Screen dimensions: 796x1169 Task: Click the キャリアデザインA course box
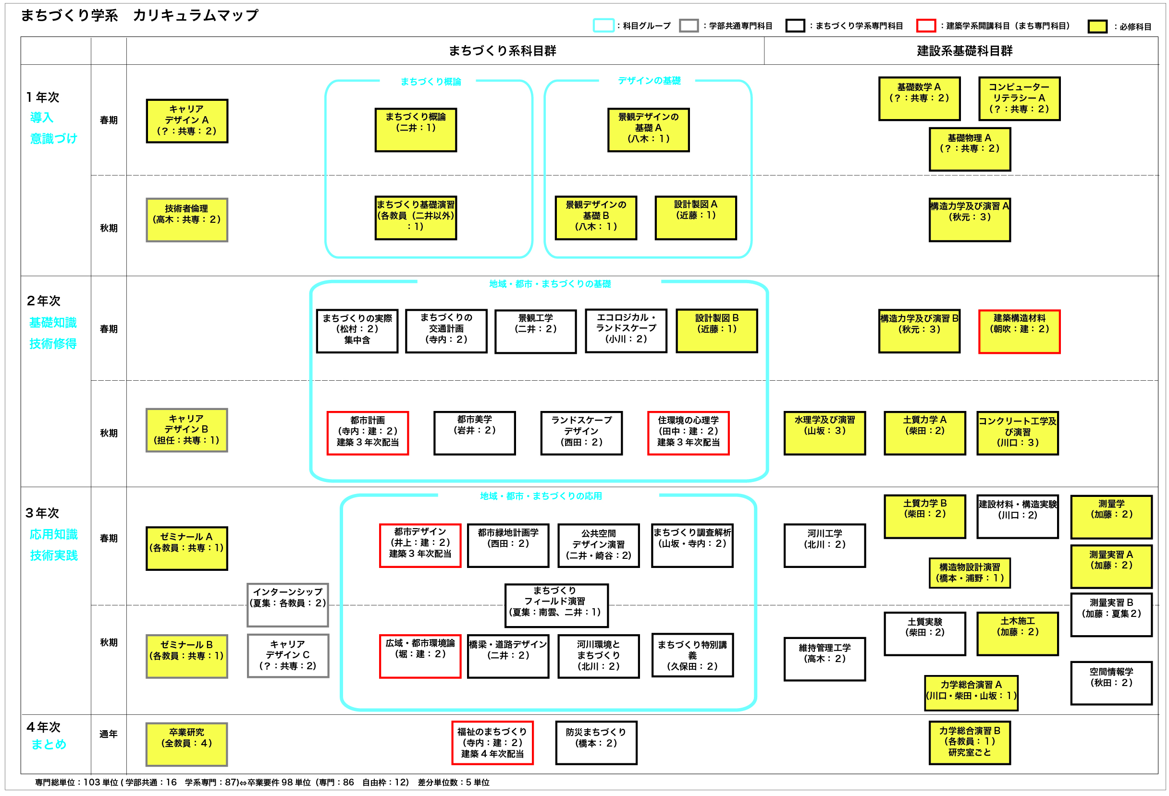pyautogui.click(x=186, y=121)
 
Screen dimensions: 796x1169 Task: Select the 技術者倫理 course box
pyautogui.click(x=186, y=219)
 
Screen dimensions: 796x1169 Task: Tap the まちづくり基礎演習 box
pyautogui.click(x=416, y=217)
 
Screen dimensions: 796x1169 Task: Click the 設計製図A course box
pyautogui.click(x=696, y=217)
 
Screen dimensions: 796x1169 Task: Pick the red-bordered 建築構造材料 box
pyautogui.click(x=1019, y=332)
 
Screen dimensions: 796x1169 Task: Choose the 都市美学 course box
pyautogui.click(x=474, y=433)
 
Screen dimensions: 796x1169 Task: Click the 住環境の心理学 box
pyautogui.click(x=688, y=433)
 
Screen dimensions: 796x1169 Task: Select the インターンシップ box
pyautogui.click(x=288, y=604)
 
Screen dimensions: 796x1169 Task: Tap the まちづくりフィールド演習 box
pyautogui.click(x=556, y=605)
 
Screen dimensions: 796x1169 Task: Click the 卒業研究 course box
pyautogui.click(x=186, y=744)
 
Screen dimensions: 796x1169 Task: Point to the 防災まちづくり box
pyautogui.click(x=596, y=743)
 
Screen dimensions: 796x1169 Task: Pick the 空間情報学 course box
pyautogui.click(x=1111, y=682)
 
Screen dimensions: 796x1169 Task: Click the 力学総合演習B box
pyautogui.click(x=969, y=743)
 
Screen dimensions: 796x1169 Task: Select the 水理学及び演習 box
pyautogui.click(x=824, y=433)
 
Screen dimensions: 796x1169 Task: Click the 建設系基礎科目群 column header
pyautogui.click(x=964, y=51)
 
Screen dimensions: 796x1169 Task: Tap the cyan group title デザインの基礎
pyautogui.click(x=649, y=80)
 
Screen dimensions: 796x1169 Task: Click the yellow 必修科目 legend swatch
pyautogui.click(x=1097, y=26)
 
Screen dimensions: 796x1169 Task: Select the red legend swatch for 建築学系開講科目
pyautogui.click(x=925, y=25)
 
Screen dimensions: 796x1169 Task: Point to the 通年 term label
pyautogui.click(x=108, y=734)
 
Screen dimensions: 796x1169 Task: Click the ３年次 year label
pyautogui.click(x=42, y=513)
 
